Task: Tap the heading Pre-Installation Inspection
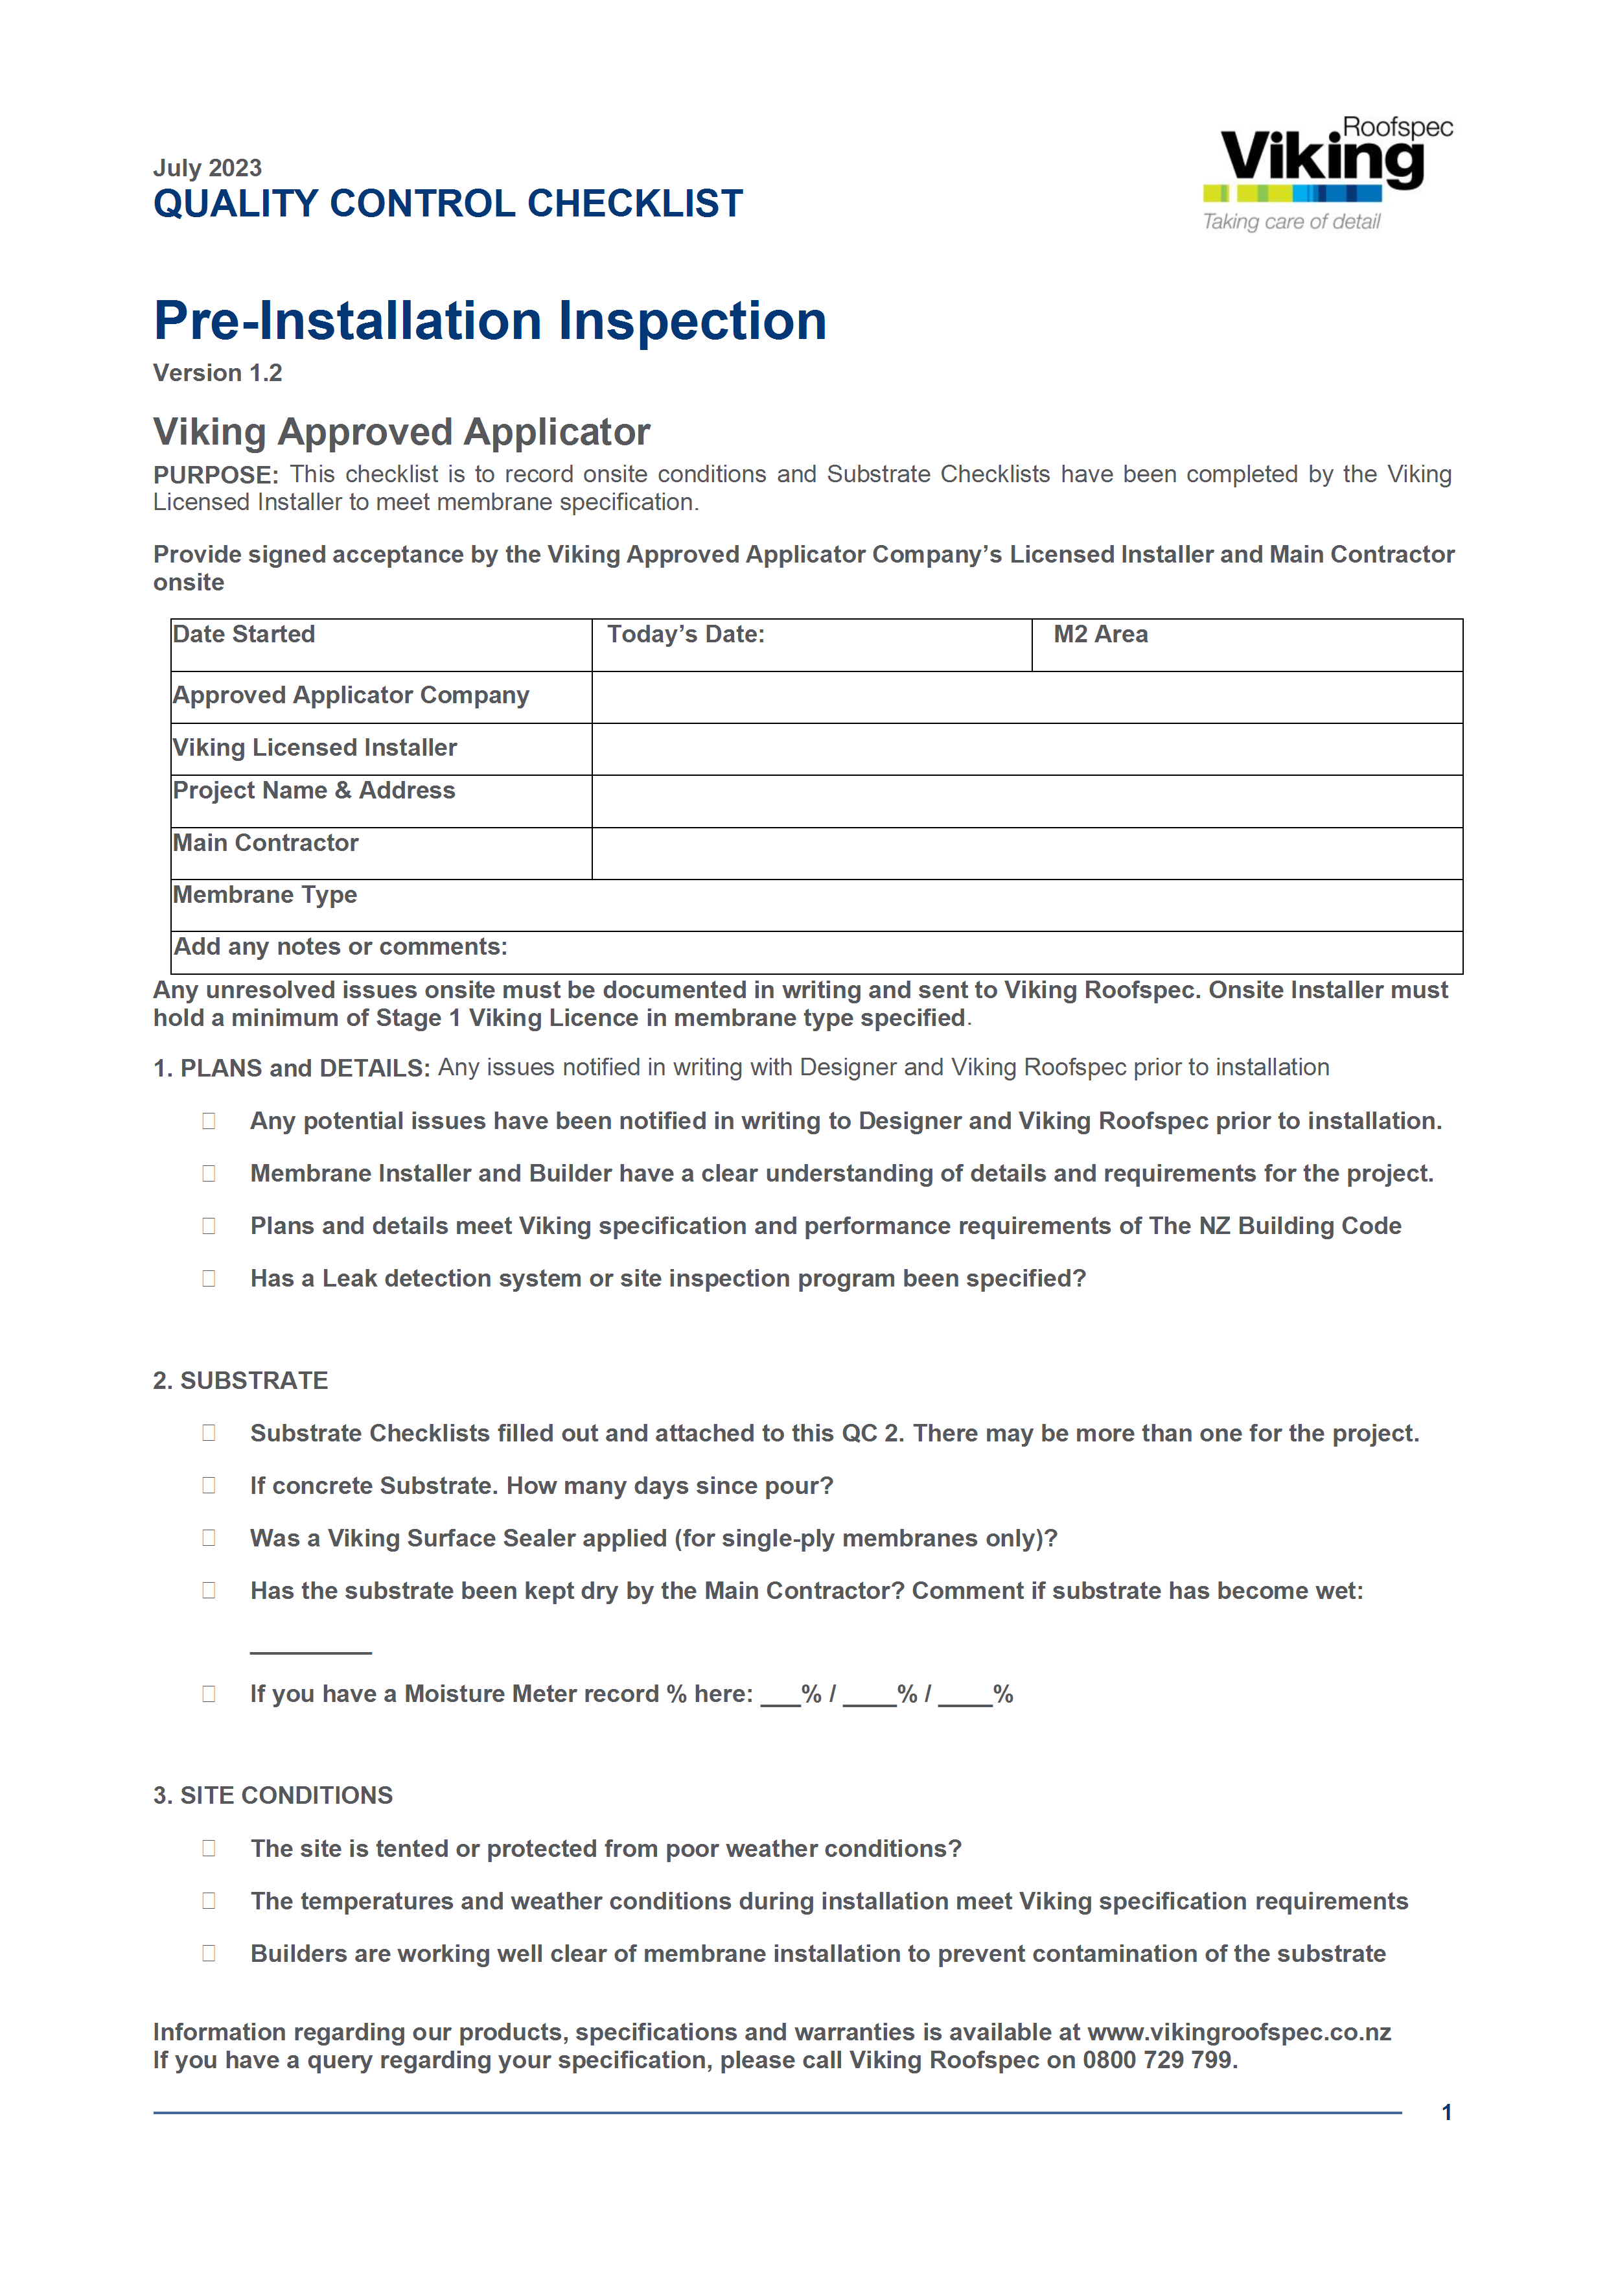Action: pos(490,321)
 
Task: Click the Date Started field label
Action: pos(244,635)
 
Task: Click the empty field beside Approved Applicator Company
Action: pos(1026,697)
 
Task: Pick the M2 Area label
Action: pos(1100,635)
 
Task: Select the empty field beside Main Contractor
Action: pos(1026,854)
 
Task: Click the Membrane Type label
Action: pos(265,895)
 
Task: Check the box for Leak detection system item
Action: pos(209,1279)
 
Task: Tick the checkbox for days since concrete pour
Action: pos(209,1486)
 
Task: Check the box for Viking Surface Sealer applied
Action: pos(209,1539)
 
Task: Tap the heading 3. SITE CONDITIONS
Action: pos(273,1796)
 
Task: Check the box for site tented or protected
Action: pos(209,1849)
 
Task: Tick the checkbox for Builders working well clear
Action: pos(209,1954)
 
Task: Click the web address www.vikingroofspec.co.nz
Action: pos(1239,2033)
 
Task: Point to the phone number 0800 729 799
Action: pos(1158,2060)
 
